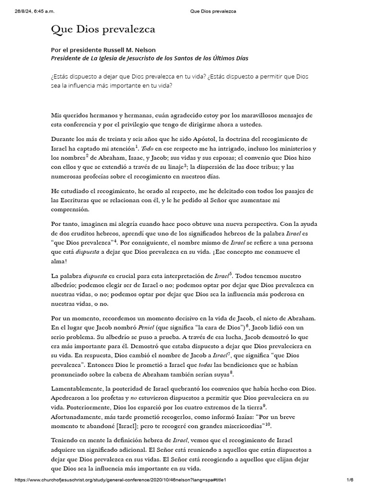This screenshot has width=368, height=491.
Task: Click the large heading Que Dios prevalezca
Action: (x=103, y=30)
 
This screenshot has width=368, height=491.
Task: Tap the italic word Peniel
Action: (x=147, y=328)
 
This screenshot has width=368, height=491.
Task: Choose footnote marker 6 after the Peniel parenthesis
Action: (x=247, y=326)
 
